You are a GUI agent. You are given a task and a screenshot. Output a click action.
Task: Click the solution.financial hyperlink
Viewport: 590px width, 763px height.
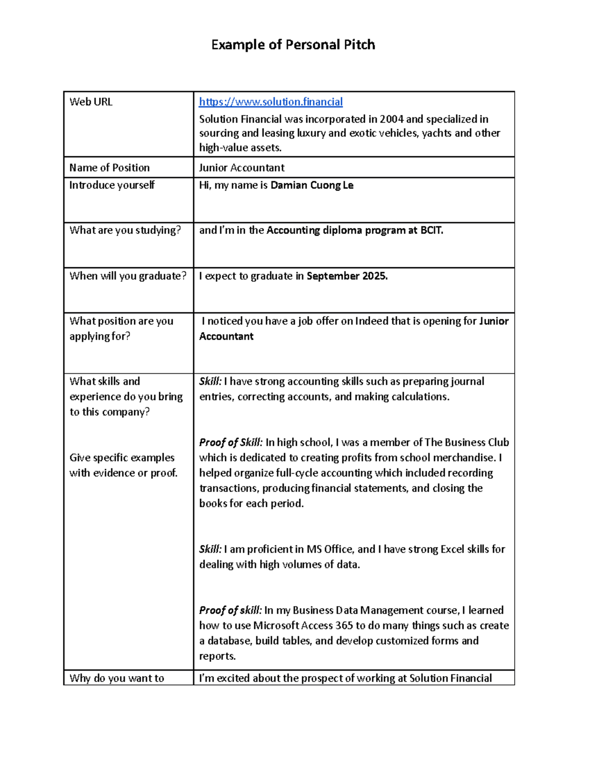tap(270, 102)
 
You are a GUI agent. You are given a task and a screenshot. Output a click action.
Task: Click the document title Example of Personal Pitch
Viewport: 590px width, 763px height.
tap(293, 45)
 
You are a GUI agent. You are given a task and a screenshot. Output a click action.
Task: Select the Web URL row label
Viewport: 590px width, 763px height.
tap(91, 102)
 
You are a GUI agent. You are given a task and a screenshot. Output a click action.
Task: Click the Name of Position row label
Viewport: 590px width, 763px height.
tap(109, 168)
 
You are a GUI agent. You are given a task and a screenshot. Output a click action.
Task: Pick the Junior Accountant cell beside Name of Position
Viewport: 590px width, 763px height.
tap(241, 168)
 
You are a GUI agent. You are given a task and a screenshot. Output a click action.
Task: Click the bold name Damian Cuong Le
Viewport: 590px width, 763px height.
tap(312, 185)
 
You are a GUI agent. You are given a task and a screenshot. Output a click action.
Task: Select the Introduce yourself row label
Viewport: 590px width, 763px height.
tap(112, 185)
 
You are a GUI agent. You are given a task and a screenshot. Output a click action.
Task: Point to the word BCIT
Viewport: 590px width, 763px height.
tap(431, 230)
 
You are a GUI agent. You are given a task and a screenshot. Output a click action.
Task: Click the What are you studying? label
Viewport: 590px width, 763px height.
tap(125, 230)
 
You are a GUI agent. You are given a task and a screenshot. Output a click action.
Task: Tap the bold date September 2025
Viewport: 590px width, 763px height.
tap(347, 276)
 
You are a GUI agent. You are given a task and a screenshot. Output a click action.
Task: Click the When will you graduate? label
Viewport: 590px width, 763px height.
tap(128, 276)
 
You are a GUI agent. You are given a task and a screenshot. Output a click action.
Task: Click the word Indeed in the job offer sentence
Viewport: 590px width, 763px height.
tap(371, 321)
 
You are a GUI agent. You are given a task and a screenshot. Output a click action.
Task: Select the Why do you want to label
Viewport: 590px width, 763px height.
tap(117, 678)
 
